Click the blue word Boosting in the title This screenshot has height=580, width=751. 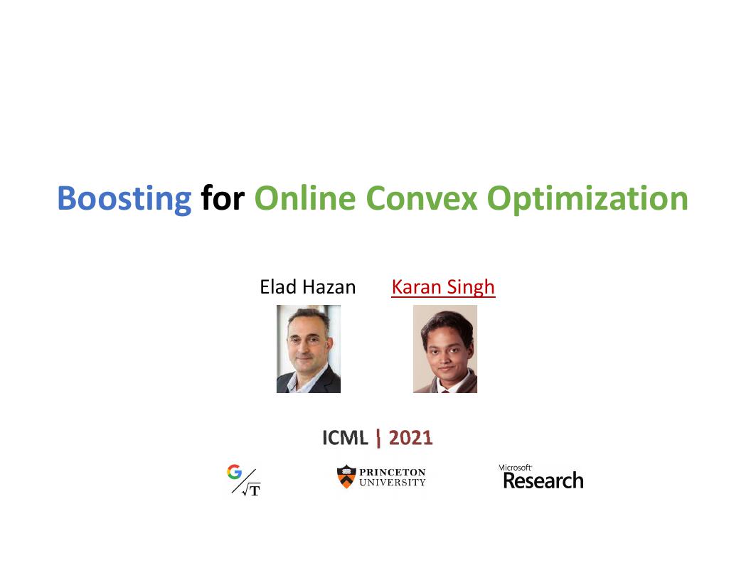click(x=124, y=199)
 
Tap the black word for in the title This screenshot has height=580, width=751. click(x=223, y=197)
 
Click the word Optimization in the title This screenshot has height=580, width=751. click(x=587, y=199)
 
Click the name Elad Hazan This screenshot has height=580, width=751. click(x=307, y=287)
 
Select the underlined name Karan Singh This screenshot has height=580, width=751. click(x=443, y=288)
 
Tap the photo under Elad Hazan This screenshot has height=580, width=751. click(x=309, y=349)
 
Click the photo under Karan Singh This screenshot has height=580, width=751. click(x=445, y=349)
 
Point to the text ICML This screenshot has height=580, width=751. click(x=345, y=438)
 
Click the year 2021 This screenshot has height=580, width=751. click(x=410, y=438)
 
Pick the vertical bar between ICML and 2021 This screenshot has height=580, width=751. click(x=378, y=439)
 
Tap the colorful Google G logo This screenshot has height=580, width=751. click(x=234, y=472)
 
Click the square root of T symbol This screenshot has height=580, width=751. click(x=252, y=490)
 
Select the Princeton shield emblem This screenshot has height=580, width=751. click(x=346, y=477)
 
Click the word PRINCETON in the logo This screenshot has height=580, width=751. click(x=393, y=473)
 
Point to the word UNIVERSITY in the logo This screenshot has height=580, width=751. click(x=393, y=483)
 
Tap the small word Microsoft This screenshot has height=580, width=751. click(x=516, y=468)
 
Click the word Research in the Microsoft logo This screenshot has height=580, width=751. click(x=543, y=480)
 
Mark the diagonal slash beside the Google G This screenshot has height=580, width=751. click(x=244, y=481)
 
